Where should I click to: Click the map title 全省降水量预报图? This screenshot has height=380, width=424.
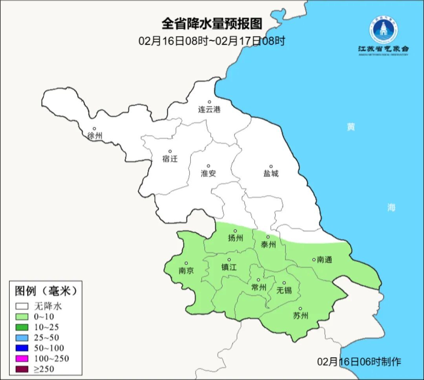point(212,24)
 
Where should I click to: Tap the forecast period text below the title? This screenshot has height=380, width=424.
point(212,41)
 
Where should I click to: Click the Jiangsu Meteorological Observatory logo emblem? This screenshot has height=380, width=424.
point(383,29)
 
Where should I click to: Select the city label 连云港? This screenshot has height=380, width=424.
point(209,110)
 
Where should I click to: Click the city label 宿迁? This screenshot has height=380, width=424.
point(170,159)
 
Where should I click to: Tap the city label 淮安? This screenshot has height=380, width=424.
point(208,173)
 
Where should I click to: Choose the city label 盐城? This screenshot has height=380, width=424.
point(270,173)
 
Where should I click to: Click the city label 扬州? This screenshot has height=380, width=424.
point(236,238)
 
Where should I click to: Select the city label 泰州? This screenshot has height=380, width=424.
point(268,245)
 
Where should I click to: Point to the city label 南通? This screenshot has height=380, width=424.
point(324,260)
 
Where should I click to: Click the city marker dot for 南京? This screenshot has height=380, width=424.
point(186,264)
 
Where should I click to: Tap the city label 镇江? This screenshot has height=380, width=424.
point(229,267)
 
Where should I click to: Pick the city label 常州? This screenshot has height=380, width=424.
point(259,287)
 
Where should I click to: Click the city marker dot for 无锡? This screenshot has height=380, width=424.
point(284,283)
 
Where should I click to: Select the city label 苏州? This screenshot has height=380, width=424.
point(301,316)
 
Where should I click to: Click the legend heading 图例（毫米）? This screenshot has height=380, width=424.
point(46,291)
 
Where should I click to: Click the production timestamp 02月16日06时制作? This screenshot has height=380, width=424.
point(359,362)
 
